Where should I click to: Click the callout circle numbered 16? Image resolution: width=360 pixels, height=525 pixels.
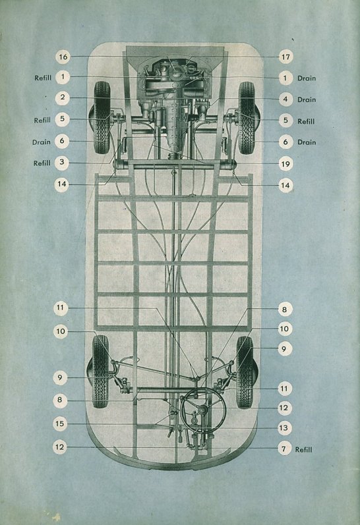coord(63,57)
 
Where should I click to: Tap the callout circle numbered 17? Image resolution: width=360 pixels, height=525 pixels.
coord(285,57)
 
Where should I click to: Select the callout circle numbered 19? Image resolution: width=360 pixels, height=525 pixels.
coord(285,164)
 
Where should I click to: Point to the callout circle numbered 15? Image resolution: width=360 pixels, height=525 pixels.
coord(59,424)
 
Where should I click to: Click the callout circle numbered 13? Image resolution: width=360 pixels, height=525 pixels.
coord(284,428)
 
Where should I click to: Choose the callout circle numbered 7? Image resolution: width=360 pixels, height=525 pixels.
coord(284,449)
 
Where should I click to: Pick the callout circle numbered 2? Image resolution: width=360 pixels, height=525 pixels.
coord(63,97)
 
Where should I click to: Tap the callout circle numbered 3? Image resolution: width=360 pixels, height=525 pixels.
coord(62,162)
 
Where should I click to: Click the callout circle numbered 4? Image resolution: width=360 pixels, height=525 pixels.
coord(285,99)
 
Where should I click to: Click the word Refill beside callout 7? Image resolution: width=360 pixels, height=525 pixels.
coord(304,449)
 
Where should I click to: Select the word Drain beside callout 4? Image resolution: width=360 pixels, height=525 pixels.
coord(307,99)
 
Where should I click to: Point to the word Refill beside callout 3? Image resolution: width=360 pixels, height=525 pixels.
coord(42,163)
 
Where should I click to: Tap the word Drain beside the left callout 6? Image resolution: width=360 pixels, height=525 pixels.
coord(42,142)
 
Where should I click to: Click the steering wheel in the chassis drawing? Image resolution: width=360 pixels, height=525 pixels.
coord(203,410)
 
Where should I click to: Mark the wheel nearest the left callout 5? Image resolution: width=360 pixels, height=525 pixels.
coord(102,117)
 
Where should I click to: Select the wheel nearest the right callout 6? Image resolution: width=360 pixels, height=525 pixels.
coord(247,118)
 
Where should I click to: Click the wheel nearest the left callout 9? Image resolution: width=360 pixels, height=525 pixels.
coord(101,372)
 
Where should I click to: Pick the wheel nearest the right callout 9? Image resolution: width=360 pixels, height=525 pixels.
coord(245,372)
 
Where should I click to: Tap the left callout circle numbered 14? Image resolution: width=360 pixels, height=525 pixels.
coord(62,184)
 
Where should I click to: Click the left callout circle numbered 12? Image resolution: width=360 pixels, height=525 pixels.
coord(59,447)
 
